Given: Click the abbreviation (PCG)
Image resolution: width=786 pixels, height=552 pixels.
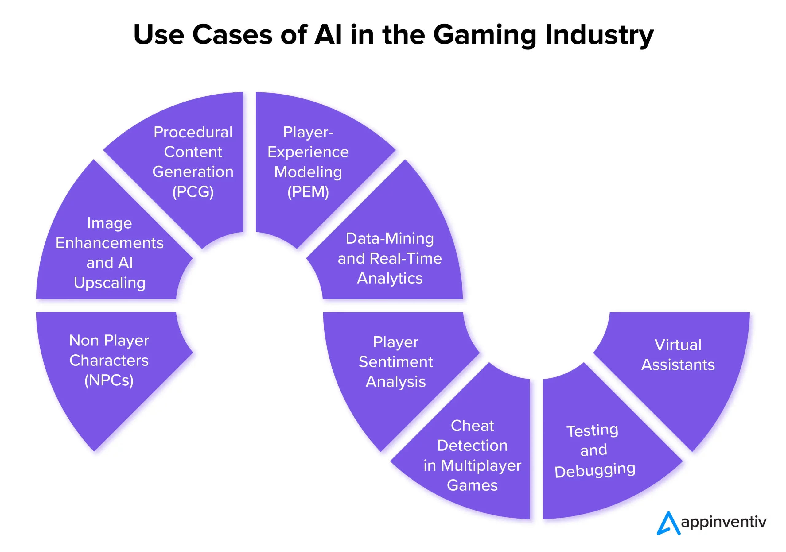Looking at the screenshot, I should click(193, 192).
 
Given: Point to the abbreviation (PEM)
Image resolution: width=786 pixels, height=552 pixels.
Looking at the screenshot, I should click(308, 192).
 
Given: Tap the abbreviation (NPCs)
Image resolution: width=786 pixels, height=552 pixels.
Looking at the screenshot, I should click(109, 380).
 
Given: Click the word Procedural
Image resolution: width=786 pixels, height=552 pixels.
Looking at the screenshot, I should click(193, 132).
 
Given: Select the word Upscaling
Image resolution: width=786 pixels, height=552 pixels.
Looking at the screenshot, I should click(110, 283).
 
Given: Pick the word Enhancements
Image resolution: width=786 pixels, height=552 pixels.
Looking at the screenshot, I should click(110, 243).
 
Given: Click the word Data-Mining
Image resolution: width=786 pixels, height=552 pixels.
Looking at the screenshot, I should click(390, 238).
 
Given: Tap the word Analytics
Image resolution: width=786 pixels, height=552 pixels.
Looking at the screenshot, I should click(390, 279).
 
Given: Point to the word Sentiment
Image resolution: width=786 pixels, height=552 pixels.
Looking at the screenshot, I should click(396, 362).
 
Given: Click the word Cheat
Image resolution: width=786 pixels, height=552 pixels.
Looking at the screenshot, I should click(472, 426).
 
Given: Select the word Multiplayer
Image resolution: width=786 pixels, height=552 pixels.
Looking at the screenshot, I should click(481, 466).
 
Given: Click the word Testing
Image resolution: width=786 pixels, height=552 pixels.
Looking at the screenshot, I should click(592, 430).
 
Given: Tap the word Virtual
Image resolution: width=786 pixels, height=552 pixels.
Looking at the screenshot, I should click(678, 345).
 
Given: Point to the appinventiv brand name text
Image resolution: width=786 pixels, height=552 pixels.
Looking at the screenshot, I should click(723, 522).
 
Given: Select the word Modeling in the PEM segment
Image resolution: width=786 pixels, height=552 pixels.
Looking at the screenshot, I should click(308, 172).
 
